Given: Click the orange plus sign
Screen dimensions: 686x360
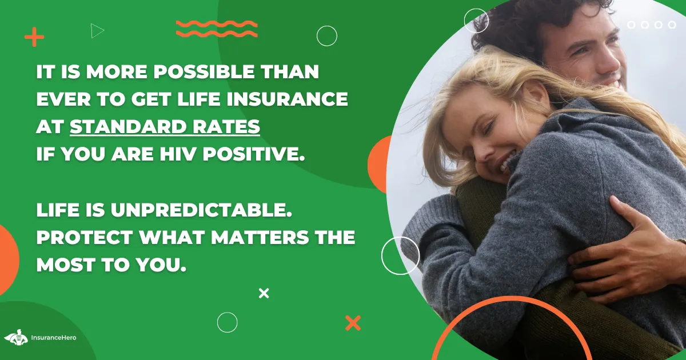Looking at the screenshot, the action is coord(34,37).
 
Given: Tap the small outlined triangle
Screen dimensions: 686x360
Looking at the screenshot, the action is coord(97,31).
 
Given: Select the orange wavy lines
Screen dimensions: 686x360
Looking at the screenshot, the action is coord(217,29).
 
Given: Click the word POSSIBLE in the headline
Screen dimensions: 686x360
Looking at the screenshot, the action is coord(204,72).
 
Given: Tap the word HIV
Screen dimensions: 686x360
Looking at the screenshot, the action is coord(178,154).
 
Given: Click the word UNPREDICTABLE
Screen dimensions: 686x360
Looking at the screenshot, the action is coord(201,210).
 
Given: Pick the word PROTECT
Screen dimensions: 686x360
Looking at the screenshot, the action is coord(85,237).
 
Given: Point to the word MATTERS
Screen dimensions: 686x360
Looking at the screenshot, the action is coord(260,237).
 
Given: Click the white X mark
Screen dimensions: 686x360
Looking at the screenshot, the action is coord(264,293).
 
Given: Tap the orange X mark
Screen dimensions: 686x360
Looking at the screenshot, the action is coord(353,323).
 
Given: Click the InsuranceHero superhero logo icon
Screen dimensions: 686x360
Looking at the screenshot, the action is coord(16,338).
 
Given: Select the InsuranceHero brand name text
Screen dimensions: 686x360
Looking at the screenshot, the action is coord(54,338).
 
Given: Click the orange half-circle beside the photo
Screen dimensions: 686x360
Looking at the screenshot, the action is coord(379,165).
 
